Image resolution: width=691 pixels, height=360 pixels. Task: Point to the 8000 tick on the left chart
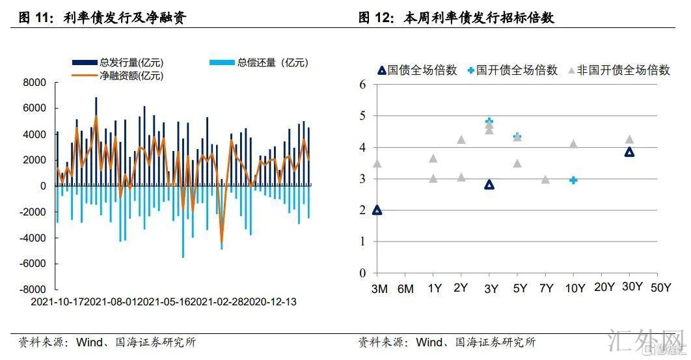click(34, 83)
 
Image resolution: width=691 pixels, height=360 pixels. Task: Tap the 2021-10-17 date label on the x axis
click(57, 302)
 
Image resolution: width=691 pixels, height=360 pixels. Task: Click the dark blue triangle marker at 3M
click(377, 210)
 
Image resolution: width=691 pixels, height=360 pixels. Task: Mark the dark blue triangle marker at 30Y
click(629, 152)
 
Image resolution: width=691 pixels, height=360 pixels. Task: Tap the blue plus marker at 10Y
click(573, 180)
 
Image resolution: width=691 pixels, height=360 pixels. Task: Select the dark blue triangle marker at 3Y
click(489, 185)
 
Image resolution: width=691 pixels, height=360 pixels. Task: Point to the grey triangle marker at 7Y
click(545, 180)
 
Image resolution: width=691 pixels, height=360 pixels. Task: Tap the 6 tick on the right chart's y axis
click(363, 85)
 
